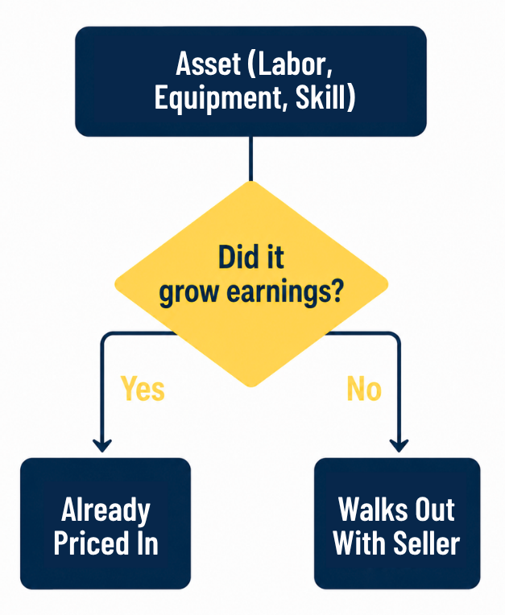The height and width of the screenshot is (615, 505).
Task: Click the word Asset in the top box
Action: (x=208, y=64)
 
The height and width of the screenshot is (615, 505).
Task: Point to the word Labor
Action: (x=291, y=64)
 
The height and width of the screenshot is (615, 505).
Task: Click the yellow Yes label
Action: (x=143, y=389)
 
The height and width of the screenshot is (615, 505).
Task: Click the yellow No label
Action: (x=364, y=389)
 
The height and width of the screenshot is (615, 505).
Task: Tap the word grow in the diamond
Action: (x=188, y=293)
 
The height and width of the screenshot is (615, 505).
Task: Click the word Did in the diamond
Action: (x=234, y=257)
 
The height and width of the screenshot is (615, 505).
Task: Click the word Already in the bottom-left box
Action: (x=106, y=510)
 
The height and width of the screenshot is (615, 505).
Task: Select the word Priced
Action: (x=92, y=543)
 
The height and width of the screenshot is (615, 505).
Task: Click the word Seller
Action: (x=427, y=543)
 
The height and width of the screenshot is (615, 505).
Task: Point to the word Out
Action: (x=435, y=510)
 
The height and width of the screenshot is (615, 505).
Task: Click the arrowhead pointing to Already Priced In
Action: (x=102, y=446)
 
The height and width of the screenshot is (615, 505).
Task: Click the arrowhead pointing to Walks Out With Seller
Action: (x=399, y=446)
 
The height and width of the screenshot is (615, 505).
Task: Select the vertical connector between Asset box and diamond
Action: (x=251, y=159)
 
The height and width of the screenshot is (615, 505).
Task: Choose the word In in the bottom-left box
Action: (x=148, y=543)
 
